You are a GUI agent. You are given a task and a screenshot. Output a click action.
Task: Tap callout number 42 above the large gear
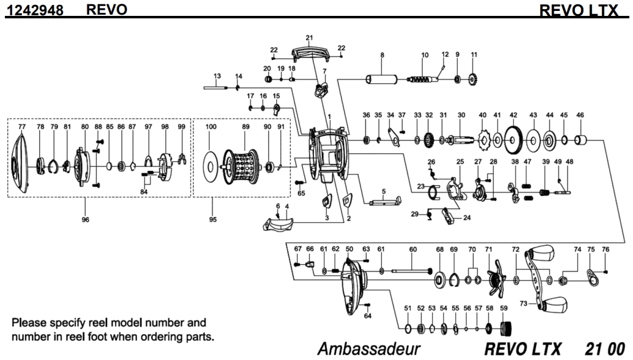click(514, 116)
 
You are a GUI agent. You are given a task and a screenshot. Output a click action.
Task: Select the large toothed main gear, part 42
click(513, 141)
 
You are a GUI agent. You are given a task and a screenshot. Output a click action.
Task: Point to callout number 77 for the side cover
click(22, 127)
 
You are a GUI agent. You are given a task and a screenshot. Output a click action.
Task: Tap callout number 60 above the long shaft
click(412, 249)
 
